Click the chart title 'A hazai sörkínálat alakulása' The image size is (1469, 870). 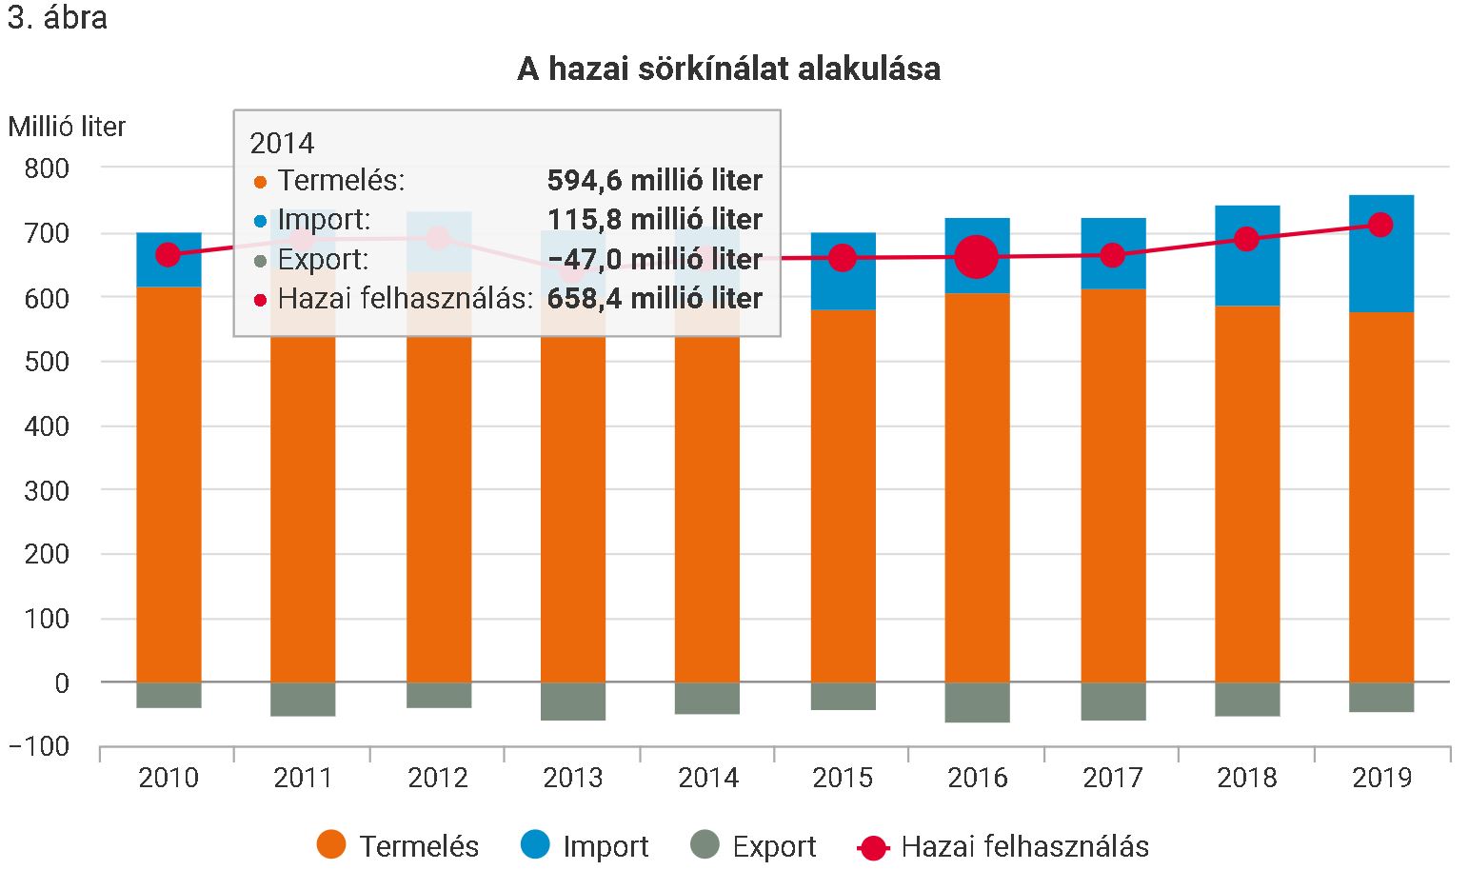pyautogui.click(x=728, y=69)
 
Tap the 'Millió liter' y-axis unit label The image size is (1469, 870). pyautogui.click(x=67, y=127)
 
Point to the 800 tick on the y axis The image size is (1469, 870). pyautogui.click(x=47, y=168)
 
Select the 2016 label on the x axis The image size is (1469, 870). pyautogui.click(x=977, y=778)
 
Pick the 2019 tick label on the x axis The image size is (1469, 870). pyautogui.click(x=1381, y=778)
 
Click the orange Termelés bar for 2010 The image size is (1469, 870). pyautogui.click(x=169, y=485)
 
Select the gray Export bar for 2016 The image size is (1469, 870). pyautogui.click(x=977, y=702)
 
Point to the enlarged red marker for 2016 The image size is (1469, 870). pyautogui.click(x=977, y=256)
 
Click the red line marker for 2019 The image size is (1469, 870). pyautogui.click(x=1380, y=225)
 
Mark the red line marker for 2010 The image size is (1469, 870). pyautogui.click(x=168, y=254)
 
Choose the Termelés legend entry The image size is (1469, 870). pyautogui.click(x=398, y=845)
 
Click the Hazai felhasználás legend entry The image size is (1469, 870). pyautogui.click(x=1003, y=845)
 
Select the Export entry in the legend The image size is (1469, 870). pyautogui.click(x=752, y=845)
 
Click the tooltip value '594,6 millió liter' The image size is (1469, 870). pyautogui.click(x=654, y=180)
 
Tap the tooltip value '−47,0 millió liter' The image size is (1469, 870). pyautogui.click(x=654, y=259)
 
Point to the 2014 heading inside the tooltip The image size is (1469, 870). pyautogui.click(x=282, y=143)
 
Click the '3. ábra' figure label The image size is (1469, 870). pyautogui.click(x=57, y=18)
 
